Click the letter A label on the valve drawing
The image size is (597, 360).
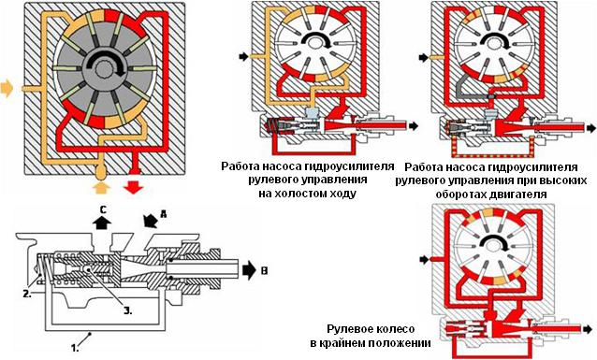(x=164, y=214)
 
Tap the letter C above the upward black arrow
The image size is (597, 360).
(x=103, y=209)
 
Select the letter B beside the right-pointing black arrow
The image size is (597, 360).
(x=264, y=271)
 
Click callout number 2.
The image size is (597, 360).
(x=26, y=294)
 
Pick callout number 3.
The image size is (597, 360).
(x=128, y=310)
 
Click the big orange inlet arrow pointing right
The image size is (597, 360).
(x=7, y=89)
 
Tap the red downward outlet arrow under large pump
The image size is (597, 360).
(x=133, y=187)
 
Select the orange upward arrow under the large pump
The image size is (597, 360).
(x=101, y=187)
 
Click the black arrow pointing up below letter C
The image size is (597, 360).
(x=103, y=223)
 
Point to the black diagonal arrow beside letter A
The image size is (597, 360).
(x=152, y=221)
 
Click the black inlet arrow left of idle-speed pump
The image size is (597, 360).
(x=243, y=57)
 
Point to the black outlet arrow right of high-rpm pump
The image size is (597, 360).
(x=591, y=128)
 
